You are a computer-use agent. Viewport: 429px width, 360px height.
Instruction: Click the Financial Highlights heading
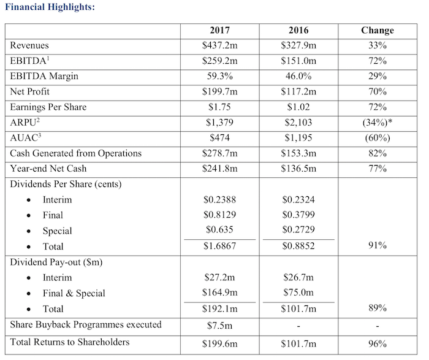pyautogui.click(x=50, y=7)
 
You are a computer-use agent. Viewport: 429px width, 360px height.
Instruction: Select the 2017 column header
pyautogui.click(x=219, y=30)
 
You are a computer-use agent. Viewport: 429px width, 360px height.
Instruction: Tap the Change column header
pyautogui.click(x=378, y=31)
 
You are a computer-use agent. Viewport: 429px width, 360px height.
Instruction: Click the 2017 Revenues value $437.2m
pyautogui.click(x=219, y=45)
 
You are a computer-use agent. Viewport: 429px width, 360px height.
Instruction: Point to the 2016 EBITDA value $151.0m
pyautogui.click(x=298, y=61)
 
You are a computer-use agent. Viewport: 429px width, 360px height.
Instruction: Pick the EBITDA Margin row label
pyautogui.click(x=44, y=77)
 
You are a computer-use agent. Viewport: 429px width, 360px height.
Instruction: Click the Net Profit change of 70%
pyautogui.click(x=378, y=91)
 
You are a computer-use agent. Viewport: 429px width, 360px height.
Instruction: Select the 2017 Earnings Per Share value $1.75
pyautogui.click(x=219, y=107)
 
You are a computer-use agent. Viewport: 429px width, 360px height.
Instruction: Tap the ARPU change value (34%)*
pyautogui.click(x=378, y=123)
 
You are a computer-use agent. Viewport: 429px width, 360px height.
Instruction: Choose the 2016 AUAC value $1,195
pyautogui.click(x=298, y=138)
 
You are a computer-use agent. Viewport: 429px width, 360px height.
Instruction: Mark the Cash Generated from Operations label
pyautogui.click(x=76, y=153)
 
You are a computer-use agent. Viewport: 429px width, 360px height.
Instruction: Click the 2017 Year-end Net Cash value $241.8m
pyautogui.click(x=219, y=169)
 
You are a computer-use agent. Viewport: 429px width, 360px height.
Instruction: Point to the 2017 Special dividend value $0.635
pyautogui.click(x=219, y=229)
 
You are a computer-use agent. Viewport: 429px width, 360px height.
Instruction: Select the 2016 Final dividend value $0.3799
pyautogui.click(x=298, y=215)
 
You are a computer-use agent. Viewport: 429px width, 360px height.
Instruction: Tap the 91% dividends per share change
pyautogui.click(x=378, y=245)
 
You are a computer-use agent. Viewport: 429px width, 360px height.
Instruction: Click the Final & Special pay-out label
pyautogui.click(x=74, y=294)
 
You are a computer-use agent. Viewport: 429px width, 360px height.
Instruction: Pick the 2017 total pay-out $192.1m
pyautogui.click(x=219, y=309)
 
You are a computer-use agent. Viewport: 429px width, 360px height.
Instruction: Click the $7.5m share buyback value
pyautogui.click(x=219, y=326)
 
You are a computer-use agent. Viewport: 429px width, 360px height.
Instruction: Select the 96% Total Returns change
pyautogui.click(x=378, y=343)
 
